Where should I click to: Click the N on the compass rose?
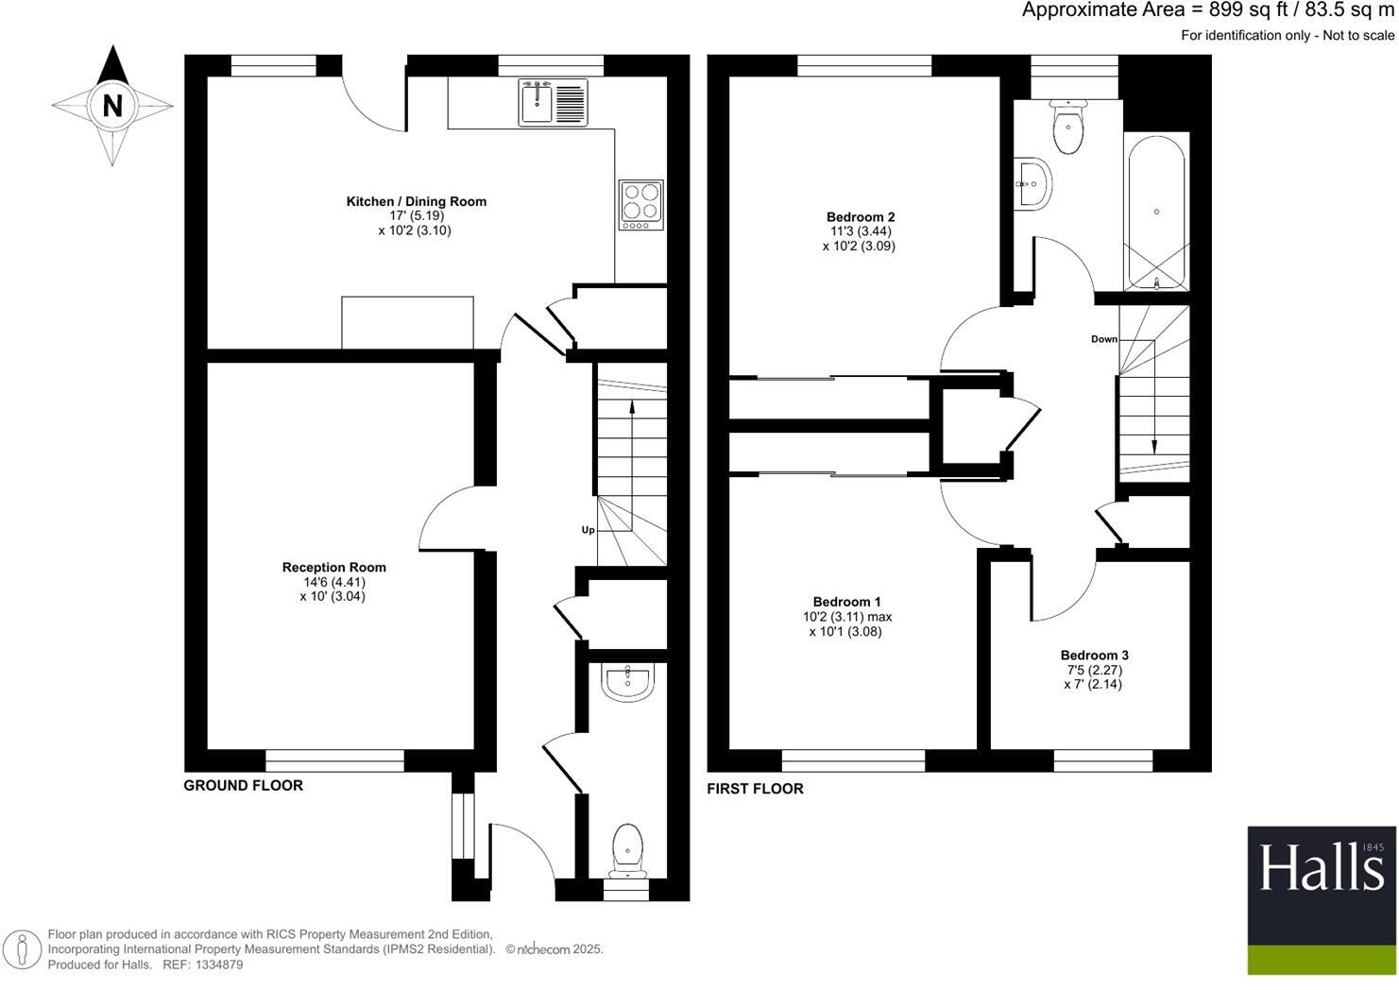tap(112, 106)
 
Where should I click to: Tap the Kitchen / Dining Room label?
tap(416, 201)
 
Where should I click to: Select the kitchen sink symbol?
tap(553, 102)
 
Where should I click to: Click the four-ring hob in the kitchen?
tap(640, 204)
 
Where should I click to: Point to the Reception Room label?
tap(333, 568)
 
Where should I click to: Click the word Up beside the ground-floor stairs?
tap(588, 530)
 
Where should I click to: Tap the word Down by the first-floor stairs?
tap(1103, 339)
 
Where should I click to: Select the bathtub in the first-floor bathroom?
tap(1156, 213)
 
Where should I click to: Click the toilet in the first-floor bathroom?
tap(1068, 128)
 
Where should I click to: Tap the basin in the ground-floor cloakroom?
tap(627, 682)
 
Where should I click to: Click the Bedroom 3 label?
tap(1094, 656)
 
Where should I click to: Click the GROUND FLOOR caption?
tap(243, 785)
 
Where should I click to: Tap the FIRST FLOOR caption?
tap(755, 789)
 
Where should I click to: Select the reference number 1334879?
tap(216, 964)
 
